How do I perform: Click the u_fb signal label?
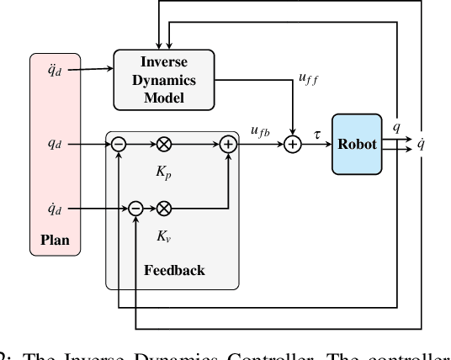coord(259,130)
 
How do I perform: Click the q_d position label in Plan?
coord(55,144)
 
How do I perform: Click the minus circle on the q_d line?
coord(119,145)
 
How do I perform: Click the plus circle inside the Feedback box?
coord(228,145)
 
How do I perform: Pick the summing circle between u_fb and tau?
coord(292,145)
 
